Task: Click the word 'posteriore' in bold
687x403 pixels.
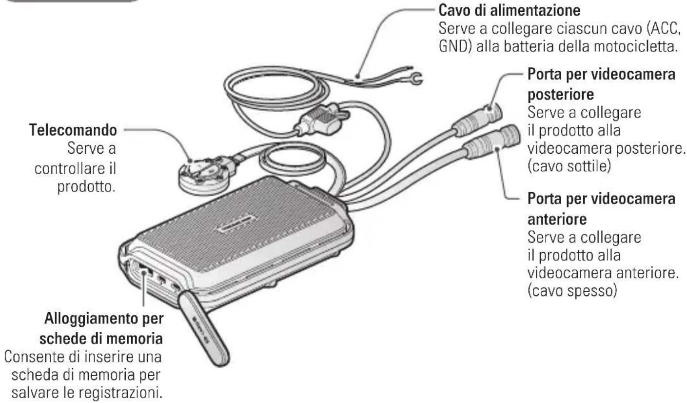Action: (556, 93)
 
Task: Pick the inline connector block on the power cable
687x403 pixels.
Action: (317, 123)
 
